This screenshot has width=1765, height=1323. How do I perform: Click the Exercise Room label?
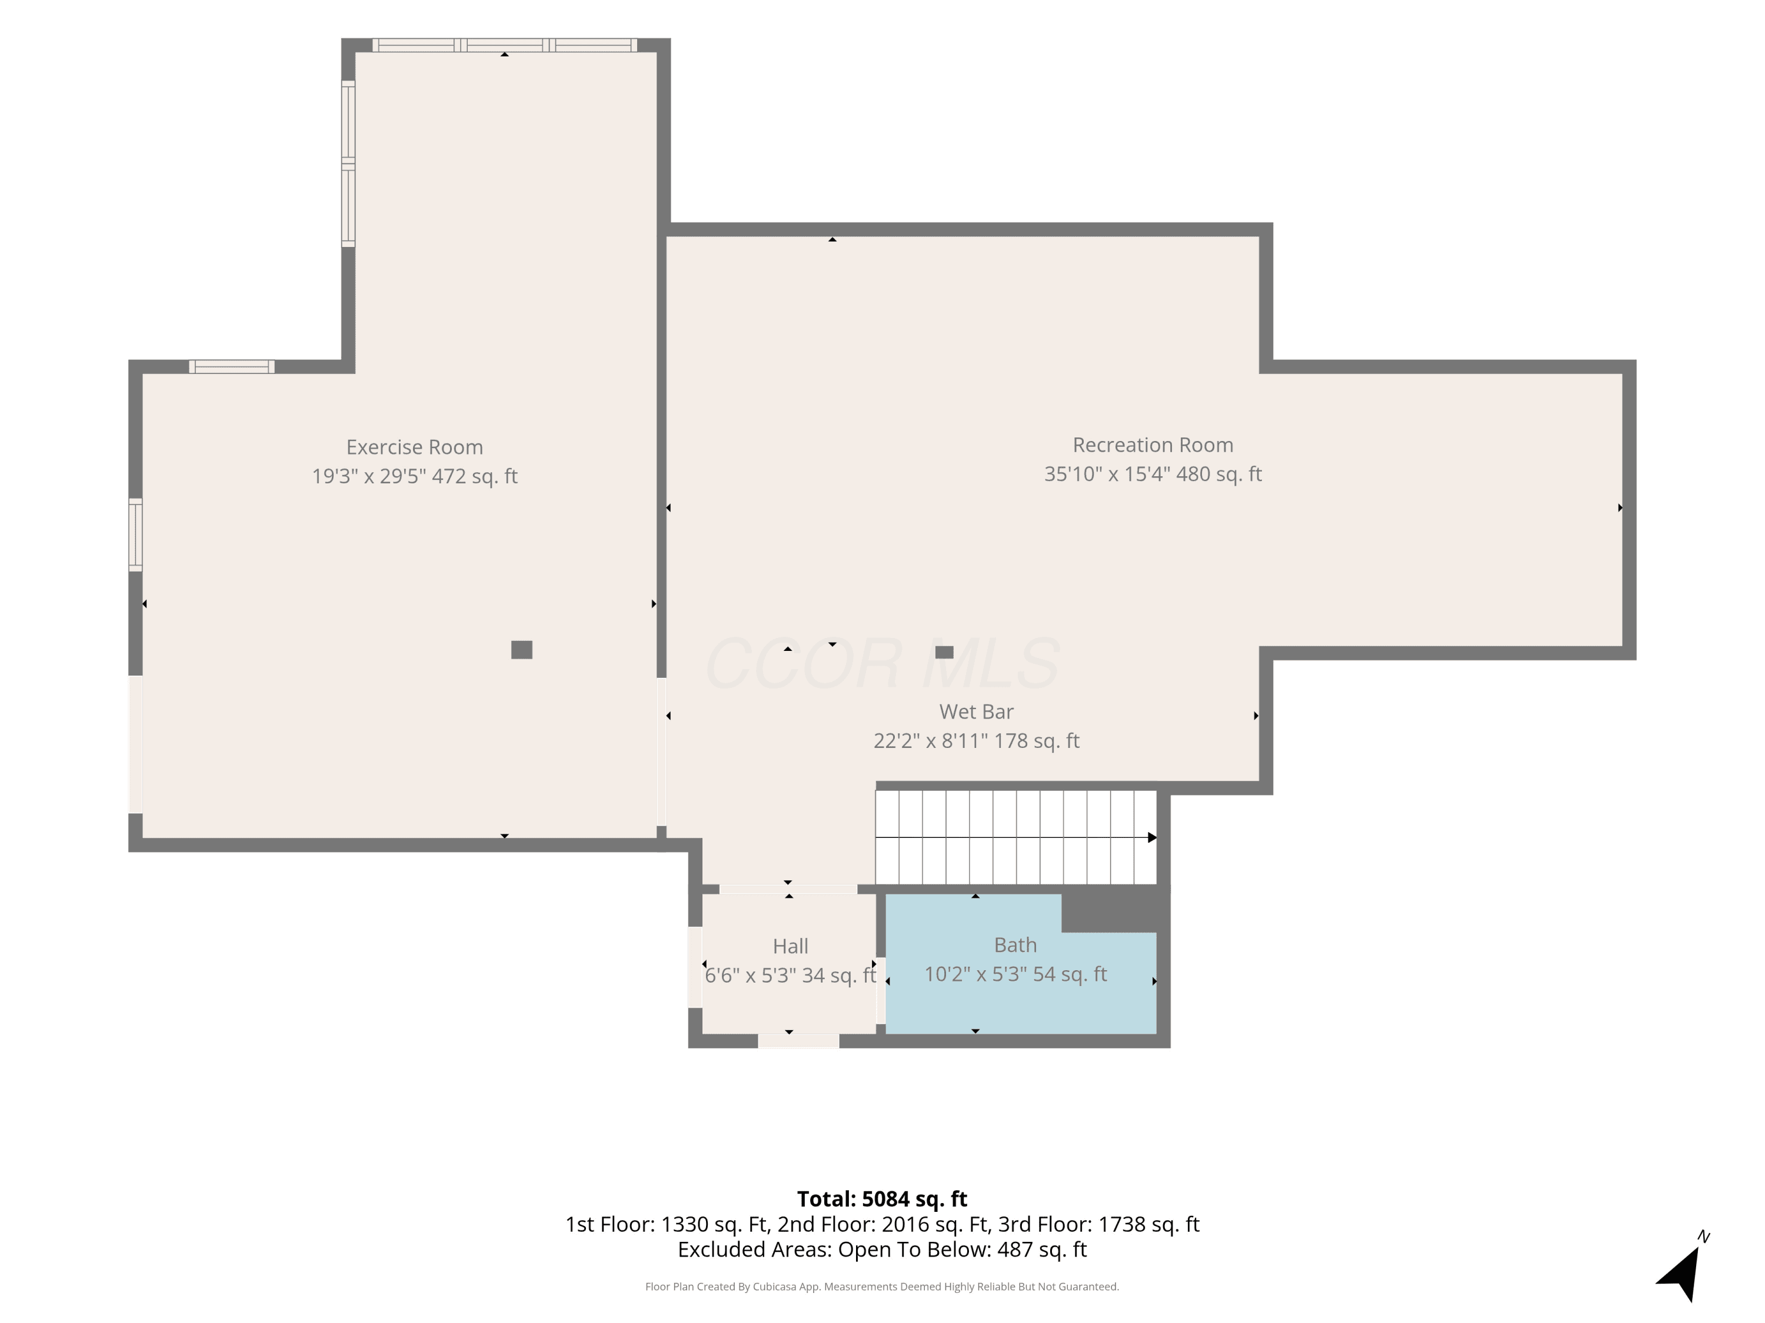coord(414,447)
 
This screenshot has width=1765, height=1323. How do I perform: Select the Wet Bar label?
coord(977,711)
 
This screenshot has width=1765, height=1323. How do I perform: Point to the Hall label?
coord(791,947)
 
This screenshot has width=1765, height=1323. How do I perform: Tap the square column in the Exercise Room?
coord(522,650)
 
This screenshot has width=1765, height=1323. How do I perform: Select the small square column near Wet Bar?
coord(944,652)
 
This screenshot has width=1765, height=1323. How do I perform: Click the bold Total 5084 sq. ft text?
coord(882,1200)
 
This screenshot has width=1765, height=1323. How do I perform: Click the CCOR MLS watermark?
coord(882,663)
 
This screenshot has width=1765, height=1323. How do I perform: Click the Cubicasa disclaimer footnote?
coord(882,1287)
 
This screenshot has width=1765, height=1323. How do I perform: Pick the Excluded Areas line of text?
coord(882,1249)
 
